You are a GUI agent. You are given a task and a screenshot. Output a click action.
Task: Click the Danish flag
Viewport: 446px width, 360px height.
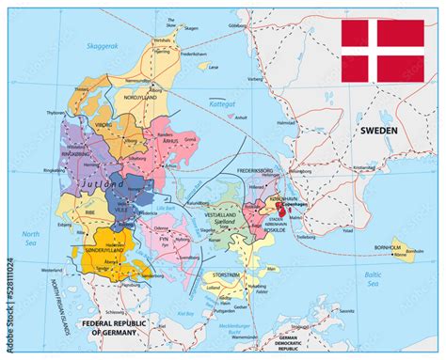(382, 50)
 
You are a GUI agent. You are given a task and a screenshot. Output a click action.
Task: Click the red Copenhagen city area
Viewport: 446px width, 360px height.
(281, 215)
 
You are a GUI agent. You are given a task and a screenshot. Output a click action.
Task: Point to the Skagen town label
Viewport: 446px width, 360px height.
(191, 29)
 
